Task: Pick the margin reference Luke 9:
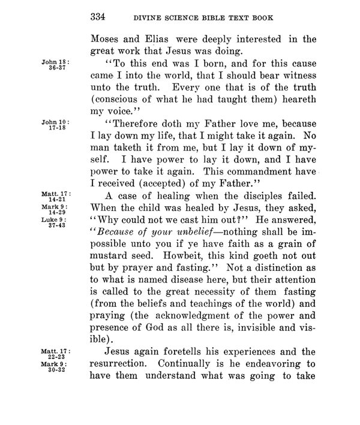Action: (52, 219)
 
